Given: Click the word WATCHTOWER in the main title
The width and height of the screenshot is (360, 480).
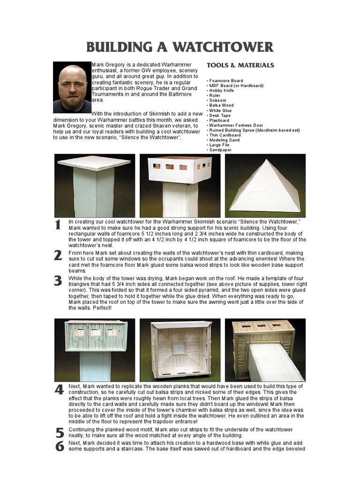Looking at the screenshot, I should (224, 47).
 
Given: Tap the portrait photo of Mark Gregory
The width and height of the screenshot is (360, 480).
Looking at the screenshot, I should (72, 87).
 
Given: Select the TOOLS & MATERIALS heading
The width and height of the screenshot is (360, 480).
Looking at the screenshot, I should (240, 65).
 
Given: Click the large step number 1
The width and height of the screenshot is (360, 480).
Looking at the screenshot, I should (58, 225).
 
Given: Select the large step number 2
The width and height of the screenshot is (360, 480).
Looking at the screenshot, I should (58, 255).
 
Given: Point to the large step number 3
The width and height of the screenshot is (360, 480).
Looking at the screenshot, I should (58, 281).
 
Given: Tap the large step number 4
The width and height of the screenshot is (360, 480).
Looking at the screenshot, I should (59, 390).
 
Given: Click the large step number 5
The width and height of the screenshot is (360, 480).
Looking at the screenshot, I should (59, 432).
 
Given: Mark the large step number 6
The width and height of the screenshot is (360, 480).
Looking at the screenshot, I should (59, 446).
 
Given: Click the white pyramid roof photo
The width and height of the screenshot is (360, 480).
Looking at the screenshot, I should (265, 187).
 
